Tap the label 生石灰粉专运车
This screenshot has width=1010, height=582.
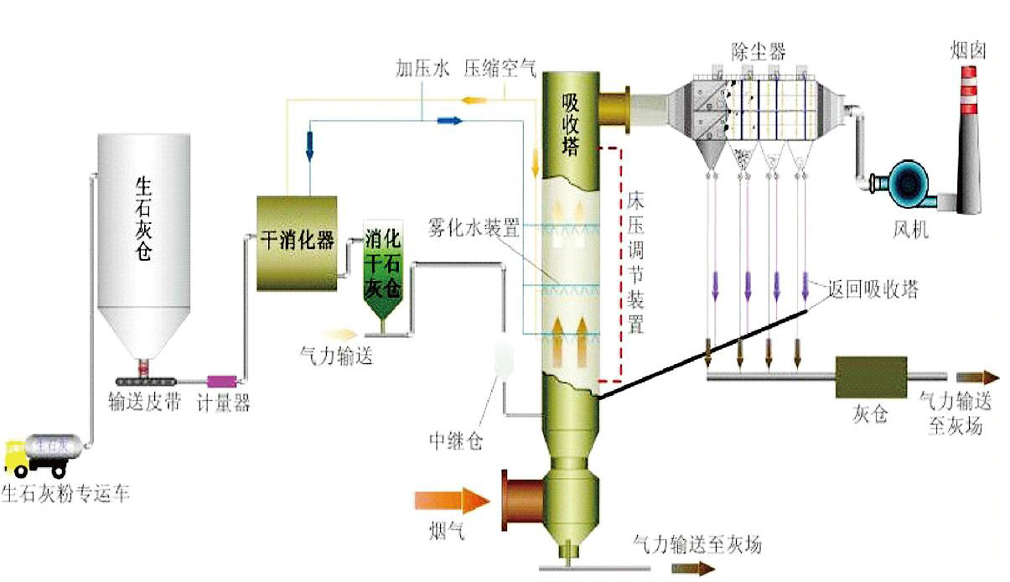click(66, 493)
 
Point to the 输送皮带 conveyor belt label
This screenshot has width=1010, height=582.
click(145, 403)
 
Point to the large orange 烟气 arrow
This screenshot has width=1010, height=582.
click(453, 501)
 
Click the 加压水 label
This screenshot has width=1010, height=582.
click(422, 70)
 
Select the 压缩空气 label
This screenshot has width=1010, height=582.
click(500, 70)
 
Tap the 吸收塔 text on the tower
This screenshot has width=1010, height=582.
click(571, 124)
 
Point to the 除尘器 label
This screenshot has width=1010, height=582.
click(758, 51)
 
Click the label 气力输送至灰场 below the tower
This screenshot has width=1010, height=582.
click(697, 544)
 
